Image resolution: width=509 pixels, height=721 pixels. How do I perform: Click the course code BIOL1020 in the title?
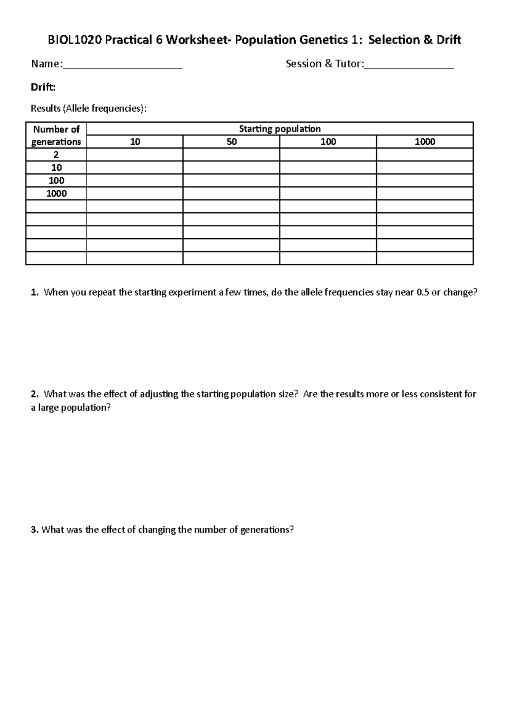tap(75, 40)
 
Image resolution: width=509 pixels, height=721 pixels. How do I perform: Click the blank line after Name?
tap(122, 65)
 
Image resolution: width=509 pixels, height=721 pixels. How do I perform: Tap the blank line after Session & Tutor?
tap(409, 65)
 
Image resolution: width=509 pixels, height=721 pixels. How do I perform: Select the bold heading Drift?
tap(43, 87)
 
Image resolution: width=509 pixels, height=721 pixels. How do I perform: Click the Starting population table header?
tap(280, 129)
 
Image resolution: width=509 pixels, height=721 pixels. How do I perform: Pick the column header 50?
tap(231, 142)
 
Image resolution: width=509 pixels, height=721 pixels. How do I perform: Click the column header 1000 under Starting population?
tap(425, 142)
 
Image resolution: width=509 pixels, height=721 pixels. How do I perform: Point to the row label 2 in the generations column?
tap(56, 155)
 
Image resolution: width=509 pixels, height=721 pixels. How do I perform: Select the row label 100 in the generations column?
tap(56, 180)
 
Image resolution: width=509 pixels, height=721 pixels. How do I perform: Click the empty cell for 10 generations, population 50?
tap(231, 168)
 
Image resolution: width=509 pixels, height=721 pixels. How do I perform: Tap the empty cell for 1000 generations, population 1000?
tap(425, 194)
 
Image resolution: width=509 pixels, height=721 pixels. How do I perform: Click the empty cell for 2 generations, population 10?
tap(134, 155)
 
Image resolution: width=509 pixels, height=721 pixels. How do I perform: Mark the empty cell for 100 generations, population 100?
tap(328, 180)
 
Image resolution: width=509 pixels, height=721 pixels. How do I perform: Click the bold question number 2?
tap(34, 394)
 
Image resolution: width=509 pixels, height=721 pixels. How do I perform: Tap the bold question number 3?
tap(34, 529)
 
